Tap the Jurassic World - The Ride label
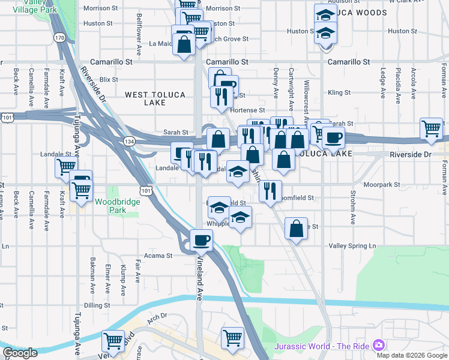click(x=322, y=346)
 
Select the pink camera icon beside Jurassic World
click(x=379, y=346)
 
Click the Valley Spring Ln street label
click(x=352, y=246)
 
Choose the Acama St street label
click(x=158, y=255)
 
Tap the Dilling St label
click(x=97, y=305)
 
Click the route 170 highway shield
click(x=59, y=38)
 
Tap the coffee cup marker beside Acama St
click(x=201, y=241)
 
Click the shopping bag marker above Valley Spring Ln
click(x=296, y=229)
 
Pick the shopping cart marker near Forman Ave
click(x=431, y=128)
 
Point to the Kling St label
click(x=339, y=93)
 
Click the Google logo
click(x=20, y=353)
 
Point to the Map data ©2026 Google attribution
click(x=411, y=355)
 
